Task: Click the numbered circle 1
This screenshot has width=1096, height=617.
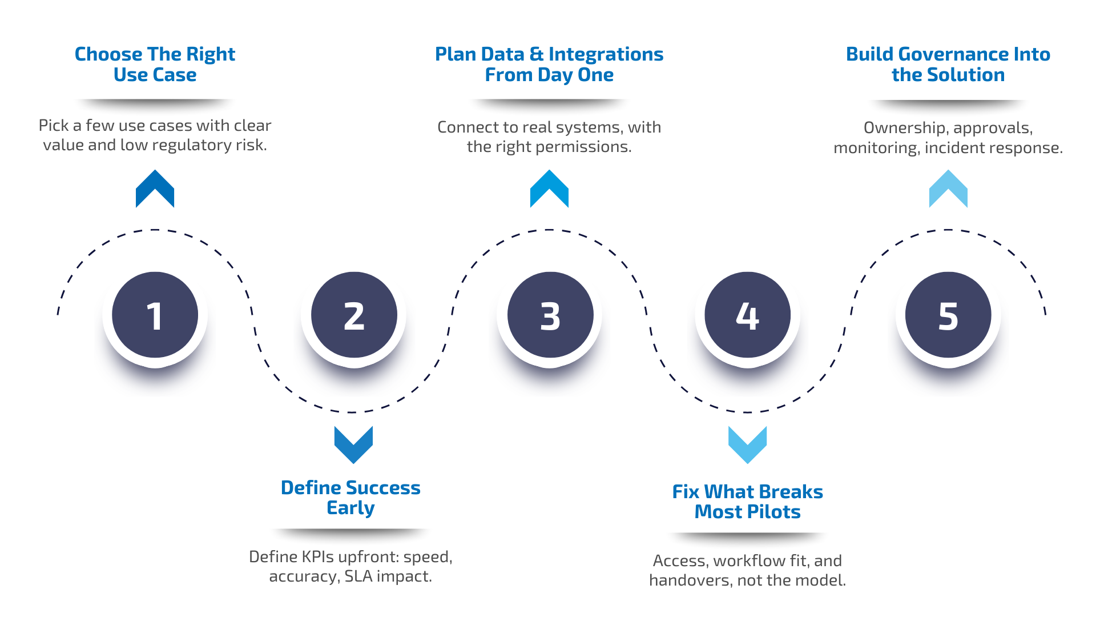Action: coord(155,315)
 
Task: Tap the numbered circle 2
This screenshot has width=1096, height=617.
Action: coord(354,315)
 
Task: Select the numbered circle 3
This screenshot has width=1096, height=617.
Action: coord(550,315)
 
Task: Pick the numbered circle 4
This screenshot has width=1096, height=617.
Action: coord(747,315)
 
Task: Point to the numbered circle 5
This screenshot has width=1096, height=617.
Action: coord(948,315)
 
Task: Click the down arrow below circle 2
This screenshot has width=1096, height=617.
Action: coord(353,444)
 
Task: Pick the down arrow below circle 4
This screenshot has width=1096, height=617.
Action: coord(747,444)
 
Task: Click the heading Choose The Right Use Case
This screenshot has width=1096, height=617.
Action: coord(155,64)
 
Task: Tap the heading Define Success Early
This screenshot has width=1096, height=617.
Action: coord(350,498)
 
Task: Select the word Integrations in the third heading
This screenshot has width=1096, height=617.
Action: coord(606,54)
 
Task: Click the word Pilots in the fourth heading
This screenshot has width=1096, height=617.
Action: coord(774,512)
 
